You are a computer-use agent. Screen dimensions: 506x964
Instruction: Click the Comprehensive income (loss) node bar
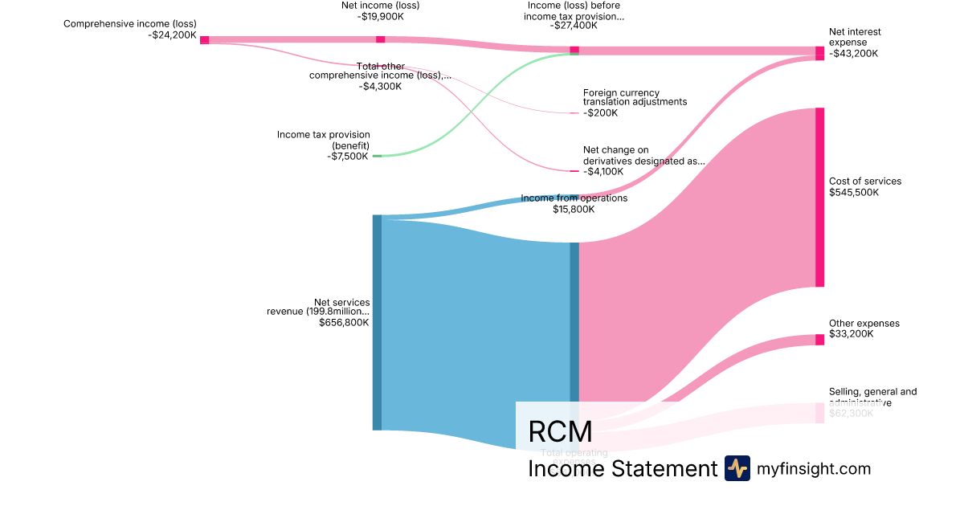[x=205, y=40]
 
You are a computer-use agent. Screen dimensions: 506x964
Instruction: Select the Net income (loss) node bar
[x=380, y=39]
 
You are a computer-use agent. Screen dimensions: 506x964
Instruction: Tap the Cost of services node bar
[x=819, y=197]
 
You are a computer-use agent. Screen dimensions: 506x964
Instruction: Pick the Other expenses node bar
[x=819, y=340]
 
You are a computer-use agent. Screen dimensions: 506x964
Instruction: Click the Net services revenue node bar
[x=377, y=322]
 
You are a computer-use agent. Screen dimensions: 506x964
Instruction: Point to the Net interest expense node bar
[x=819, y=53]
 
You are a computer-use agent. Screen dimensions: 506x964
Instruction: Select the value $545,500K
[x=854, y=193]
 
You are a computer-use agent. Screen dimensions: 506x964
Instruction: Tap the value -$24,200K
[x=173, y=35]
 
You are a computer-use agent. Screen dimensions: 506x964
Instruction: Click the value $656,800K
[x=344, y=323]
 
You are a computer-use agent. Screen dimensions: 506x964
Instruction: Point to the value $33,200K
[x=851, y=334]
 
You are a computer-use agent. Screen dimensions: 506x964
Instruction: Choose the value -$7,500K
[x=348, y=157]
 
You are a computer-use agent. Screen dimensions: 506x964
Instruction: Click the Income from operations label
[x=574, y=198]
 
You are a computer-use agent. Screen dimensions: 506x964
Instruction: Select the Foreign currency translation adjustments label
[x=635, y=97]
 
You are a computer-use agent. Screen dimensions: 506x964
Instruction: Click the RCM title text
[x=560, y=432]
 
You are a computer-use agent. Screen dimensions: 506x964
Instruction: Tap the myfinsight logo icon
[x=737, y=468]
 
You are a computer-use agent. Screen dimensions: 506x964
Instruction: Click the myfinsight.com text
[x=814, y=468]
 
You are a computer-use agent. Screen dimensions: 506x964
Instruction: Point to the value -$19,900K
[x=380, y=16]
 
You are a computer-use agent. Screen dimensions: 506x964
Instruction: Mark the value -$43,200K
[x=853, y=54]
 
